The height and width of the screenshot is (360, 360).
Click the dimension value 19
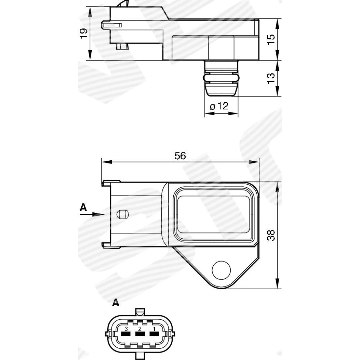pos(84,33)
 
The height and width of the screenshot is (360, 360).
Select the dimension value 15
pos(271,39)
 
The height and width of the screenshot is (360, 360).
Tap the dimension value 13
pos(271,78)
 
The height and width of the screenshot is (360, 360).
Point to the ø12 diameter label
pos(219,106)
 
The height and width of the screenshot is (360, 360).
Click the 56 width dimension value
pos(180,156)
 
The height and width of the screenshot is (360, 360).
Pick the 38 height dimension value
pos(271,235)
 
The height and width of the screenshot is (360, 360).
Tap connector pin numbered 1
pos(154,334)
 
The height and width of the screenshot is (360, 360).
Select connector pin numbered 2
pos(140,334)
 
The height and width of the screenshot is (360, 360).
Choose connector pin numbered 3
pos(126,334)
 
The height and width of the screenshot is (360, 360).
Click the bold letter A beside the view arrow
pos(83,207)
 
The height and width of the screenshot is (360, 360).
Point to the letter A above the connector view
pos(116,302)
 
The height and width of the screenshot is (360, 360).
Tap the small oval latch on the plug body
pos(122,214)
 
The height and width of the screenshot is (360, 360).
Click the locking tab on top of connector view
pos(140,312)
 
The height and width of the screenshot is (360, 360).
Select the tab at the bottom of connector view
pos(140,356)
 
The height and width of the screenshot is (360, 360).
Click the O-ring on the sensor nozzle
pos(221,78)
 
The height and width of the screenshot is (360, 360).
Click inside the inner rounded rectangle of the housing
pos(213,214)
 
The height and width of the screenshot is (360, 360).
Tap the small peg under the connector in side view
pos(121,46)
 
